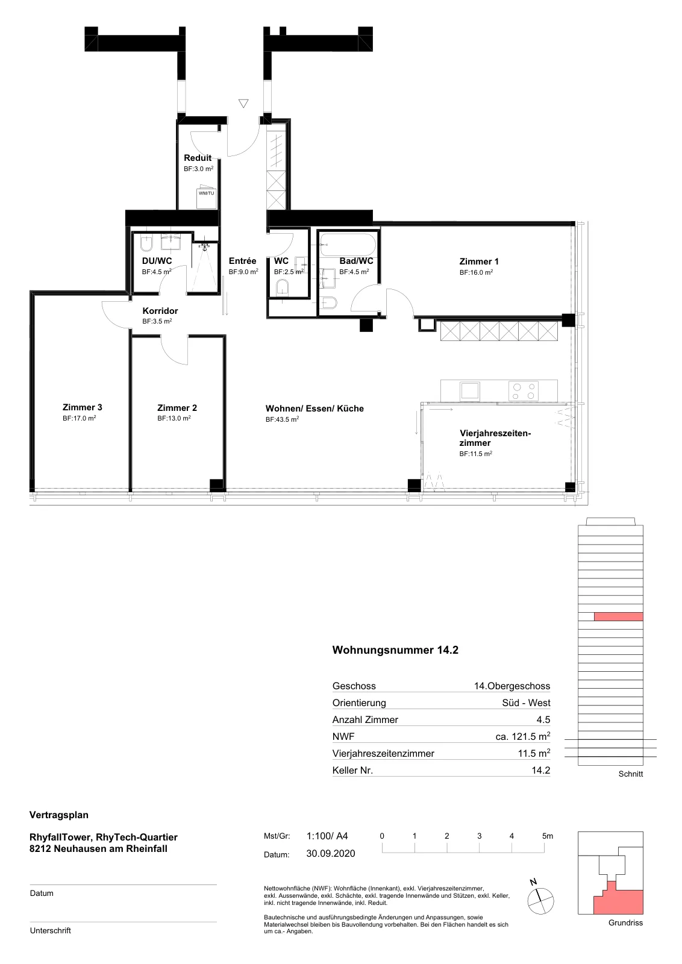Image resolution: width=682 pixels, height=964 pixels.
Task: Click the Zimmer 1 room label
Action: [x=479, y=261]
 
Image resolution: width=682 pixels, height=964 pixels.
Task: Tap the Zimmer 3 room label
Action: [x=82, y=407]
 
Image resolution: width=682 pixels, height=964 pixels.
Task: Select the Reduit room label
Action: [x=198, y=157]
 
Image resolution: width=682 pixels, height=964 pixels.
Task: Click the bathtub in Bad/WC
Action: [x=348, y=245]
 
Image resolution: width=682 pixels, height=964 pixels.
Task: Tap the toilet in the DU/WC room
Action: [x=147, y=244]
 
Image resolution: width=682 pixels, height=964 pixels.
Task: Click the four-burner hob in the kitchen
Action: [x=524, y=391]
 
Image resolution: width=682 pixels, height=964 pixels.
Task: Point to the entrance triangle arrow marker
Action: [x=243, y=103]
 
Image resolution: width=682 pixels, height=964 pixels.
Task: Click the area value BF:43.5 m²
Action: [x=283, y=419]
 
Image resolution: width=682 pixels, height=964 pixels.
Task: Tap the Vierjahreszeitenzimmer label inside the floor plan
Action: [x=495, y=438]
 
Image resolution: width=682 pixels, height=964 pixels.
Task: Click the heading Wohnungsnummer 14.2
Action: [x=395, y=650]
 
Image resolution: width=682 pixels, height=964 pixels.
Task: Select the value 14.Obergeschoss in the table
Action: [x=512, y=686]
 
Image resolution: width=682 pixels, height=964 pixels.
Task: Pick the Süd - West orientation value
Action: [x=526, y=703]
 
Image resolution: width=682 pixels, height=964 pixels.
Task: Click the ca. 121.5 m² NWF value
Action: [x=523, y=736]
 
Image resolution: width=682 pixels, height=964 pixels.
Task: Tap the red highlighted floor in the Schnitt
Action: [x=618, y=617]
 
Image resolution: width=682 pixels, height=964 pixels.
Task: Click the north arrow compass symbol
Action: [x=540, y=901]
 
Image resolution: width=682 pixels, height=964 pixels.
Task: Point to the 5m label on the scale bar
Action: [x=547, y=836]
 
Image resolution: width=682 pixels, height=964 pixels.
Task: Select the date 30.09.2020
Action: [x=331, y=854]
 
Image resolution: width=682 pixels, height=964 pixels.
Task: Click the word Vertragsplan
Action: [x=59, y=815]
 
